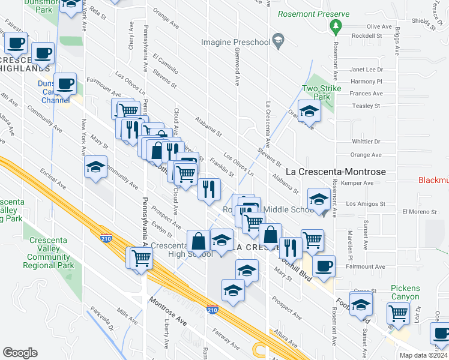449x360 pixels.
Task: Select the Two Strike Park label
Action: [321, 92]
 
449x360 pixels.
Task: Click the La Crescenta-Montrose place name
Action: [335, 171]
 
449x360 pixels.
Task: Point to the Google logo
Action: [20, 353]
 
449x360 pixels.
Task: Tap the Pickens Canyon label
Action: [405, 293]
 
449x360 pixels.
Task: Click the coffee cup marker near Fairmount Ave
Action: [324, 266]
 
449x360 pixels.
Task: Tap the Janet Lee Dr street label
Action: [366, 70]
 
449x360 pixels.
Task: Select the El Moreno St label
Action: [418, 211]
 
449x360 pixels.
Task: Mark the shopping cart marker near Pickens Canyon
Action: [399, 312]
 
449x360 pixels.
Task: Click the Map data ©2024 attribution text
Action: [423, 355]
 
